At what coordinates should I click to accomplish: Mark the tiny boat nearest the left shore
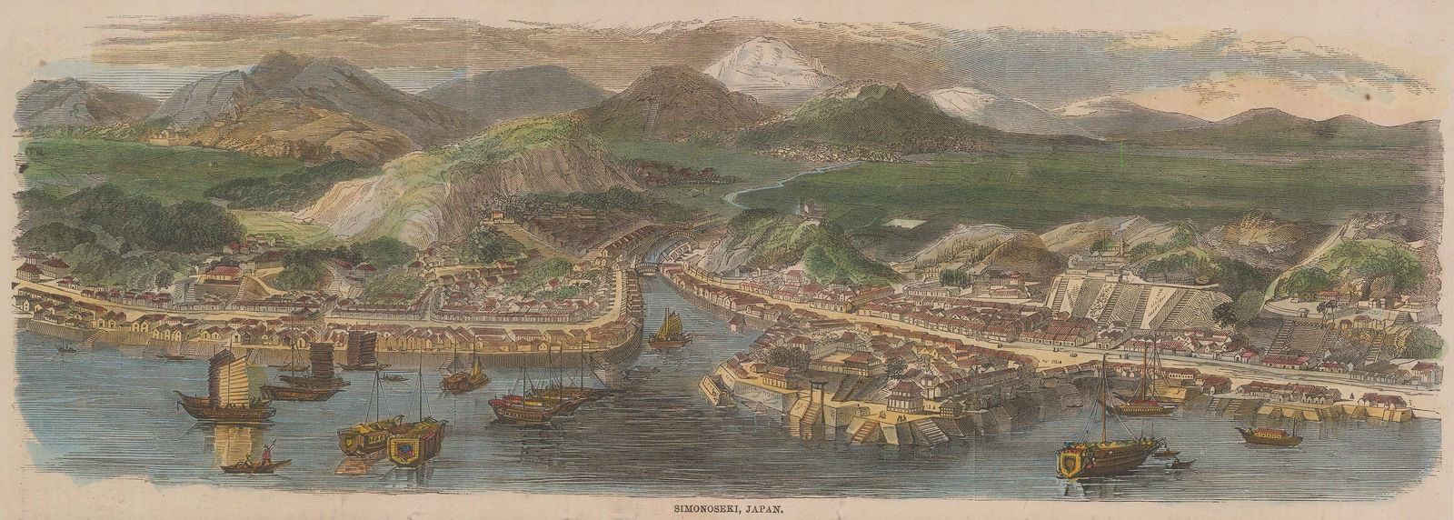point(63,347)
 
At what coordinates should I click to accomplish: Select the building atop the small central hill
point(805,211)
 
